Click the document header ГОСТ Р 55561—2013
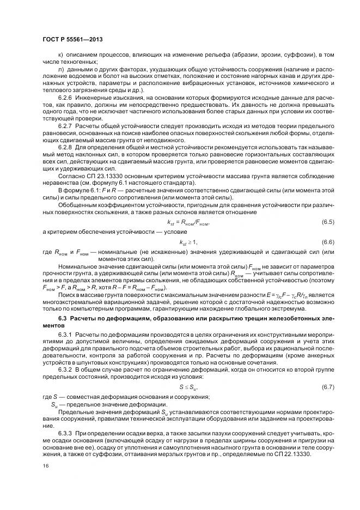(72, 40)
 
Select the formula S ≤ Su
(188, 387)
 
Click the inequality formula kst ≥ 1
(188, 242)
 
